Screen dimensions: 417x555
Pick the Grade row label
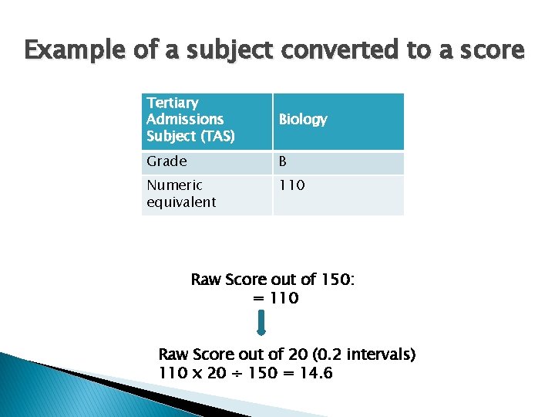pyautogui.click(x=166, y=161)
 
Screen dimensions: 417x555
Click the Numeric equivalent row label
pyautogui.click(x=182, y=194)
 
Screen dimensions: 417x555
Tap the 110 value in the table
pyautogui.click(x=292, y=185)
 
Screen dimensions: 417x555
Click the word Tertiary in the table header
pyautogui.click(x=173, y=103)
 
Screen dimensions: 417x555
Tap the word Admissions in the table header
pyautogui.click(x=185, y=119)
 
